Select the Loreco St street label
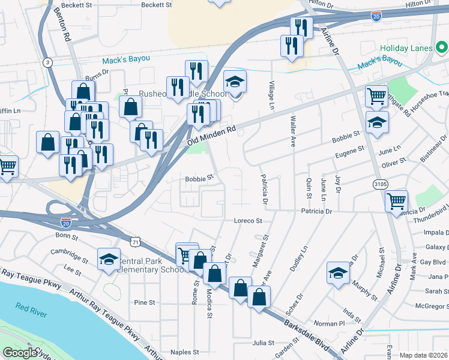pos(248,221)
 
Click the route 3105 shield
pos(379,184)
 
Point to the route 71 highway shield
pos(136,241)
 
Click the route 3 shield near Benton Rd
pos(47,62)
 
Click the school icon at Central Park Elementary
pos(109,259)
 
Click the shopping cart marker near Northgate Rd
pos(376,95)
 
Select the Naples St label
pos(184,352)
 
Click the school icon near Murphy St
pos(338,273)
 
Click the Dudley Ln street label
pos(300,259)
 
